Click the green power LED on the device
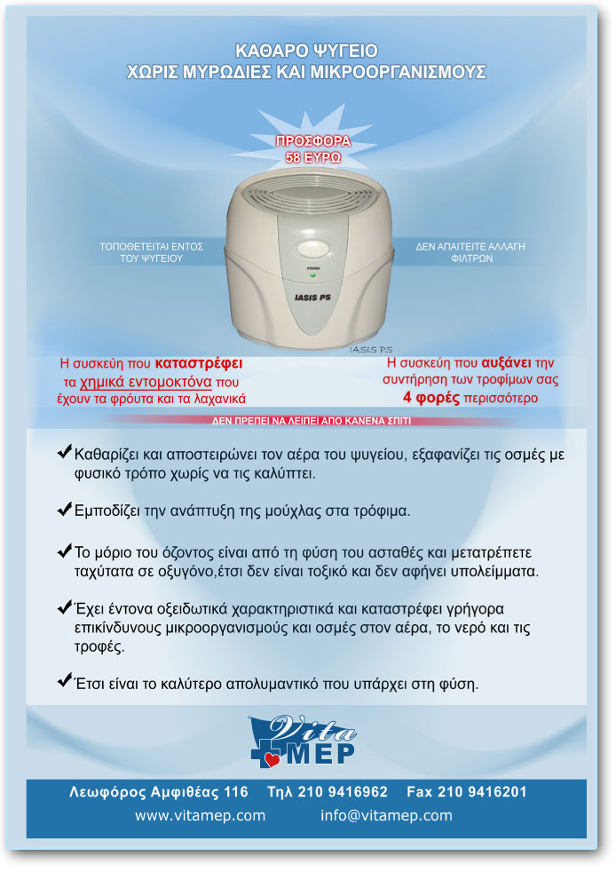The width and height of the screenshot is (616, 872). [312, 274]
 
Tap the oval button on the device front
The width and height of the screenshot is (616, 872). [312, 248]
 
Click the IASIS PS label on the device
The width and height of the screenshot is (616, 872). [312, 297]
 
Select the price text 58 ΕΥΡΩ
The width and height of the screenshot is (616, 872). [313, 158]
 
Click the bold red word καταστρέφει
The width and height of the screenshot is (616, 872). [199, 363]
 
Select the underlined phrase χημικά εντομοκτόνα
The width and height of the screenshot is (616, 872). [146, 382]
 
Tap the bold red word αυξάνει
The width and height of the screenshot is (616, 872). [506, 362]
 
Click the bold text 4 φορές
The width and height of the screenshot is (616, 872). [431, 398]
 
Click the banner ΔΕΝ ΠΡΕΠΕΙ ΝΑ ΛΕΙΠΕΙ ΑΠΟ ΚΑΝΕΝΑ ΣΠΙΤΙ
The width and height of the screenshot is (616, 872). [312, 421]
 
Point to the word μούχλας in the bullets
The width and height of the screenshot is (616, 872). [293, 511]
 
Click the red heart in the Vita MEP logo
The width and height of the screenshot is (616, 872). [272, 759]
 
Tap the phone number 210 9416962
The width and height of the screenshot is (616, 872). [343, 792]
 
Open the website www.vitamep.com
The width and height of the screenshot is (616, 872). [200, 816]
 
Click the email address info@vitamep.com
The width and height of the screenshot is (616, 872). [386, 816]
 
